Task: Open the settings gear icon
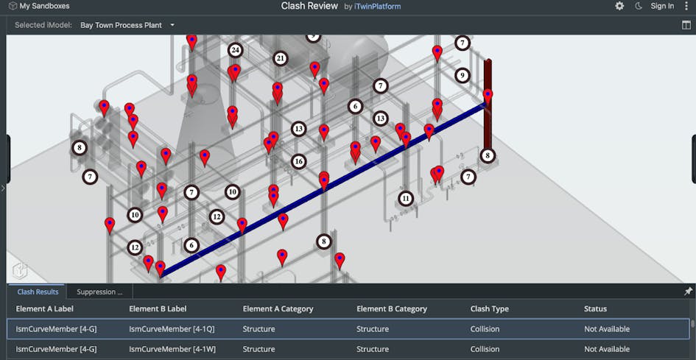[619, 6]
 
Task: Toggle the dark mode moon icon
[639, 6]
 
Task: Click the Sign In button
[662, 6]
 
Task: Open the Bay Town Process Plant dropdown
[127, 25]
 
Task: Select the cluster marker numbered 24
[236, 50]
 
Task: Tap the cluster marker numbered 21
[281, 58]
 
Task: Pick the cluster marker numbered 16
[298, 161]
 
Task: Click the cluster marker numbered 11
[406, 199]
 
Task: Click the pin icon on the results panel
[688, 292]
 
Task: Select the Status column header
[595, 309]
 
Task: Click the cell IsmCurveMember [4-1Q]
[172, 329]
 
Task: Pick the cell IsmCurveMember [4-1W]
[172, 349]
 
